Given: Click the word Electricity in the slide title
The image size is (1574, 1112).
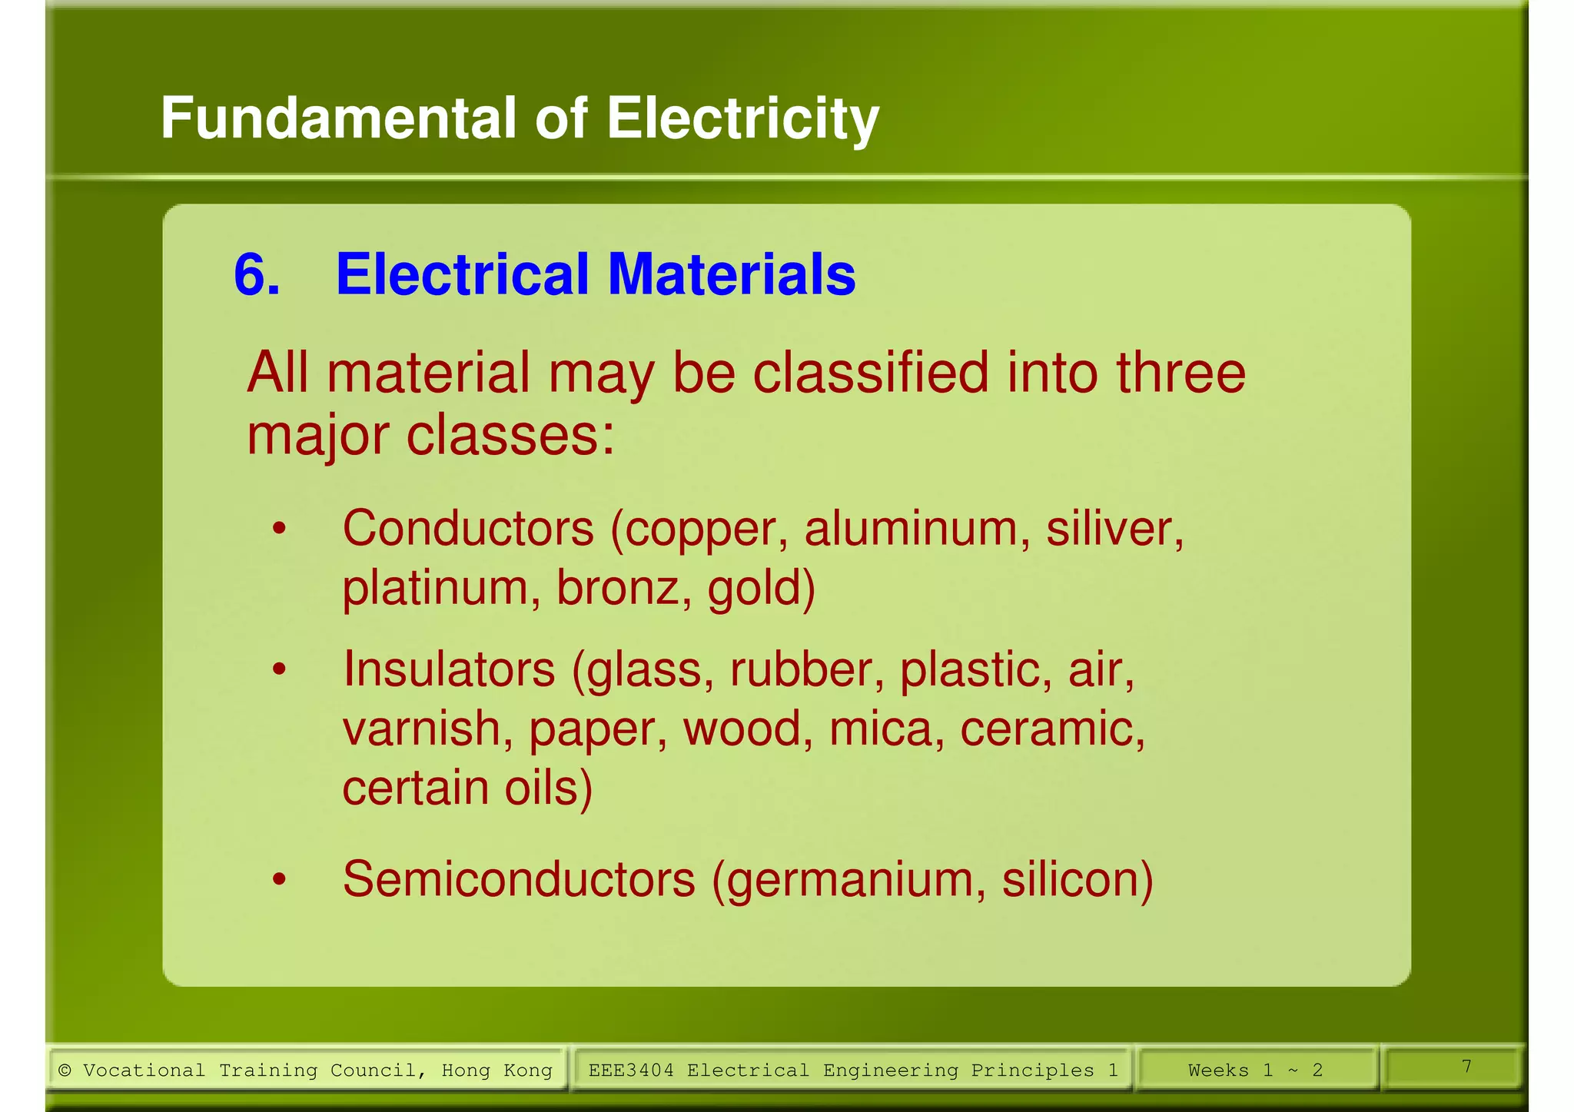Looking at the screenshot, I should tap(742, 119).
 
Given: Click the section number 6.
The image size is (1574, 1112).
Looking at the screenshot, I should tap(257, 274).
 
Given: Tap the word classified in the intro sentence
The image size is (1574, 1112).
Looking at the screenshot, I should tap(870, 373).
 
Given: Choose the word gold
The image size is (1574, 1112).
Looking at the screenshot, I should tap(760, 589).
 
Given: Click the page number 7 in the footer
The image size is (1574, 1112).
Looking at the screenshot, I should tap(1466, 1067).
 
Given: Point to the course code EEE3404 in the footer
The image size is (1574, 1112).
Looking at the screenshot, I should tap(631, 1071).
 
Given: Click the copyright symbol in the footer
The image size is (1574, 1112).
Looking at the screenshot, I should tap(65, 1071).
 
